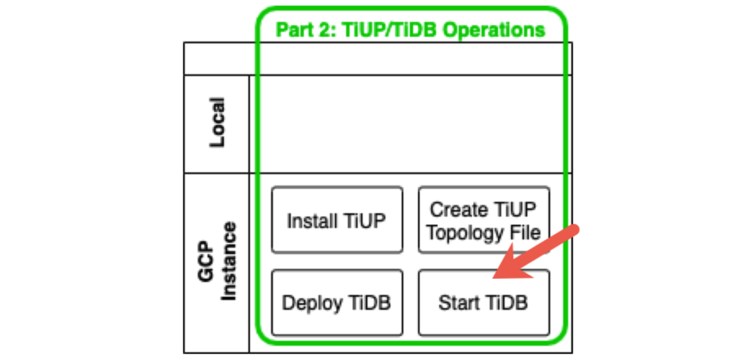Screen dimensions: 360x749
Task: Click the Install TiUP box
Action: point(337,220)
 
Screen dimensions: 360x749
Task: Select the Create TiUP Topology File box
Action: point(484,220)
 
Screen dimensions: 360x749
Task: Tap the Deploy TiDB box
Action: point(337,302)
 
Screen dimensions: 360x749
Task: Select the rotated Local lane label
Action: point(217,123)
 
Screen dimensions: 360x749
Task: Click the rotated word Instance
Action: point(228,262)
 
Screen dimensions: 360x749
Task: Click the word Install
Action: point(309,221)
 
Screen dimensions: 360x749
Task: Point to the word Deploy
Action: point(311,303)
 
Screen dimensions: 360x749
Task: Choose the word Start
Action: point(458,303)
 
